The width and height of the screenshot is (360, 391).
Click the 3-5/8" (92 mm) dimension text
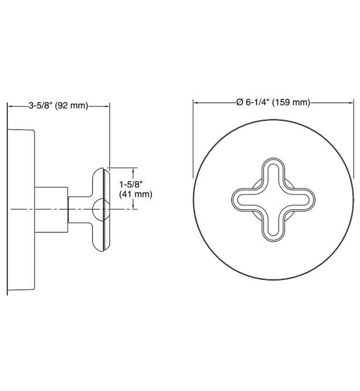[x=58, y=105]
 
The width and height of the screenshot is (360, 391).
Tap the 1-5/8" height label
[x=132, y=183]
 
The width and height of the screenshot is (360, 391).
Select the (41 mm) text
[x=136, y=194]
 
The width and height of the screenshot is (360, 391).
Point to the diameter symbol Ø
[x=239, y=102]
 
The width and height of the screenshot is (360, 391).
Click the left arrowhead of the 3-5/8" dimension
[x=9, y=105]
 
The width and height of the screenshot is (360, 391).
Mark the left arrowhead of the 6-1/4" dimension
[x=196, y=102]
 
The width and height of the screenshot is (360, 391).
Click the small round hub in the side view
[x=99, y=208]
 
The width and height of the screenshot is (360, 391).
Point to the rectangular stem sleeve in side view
[x=51, y=208]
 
